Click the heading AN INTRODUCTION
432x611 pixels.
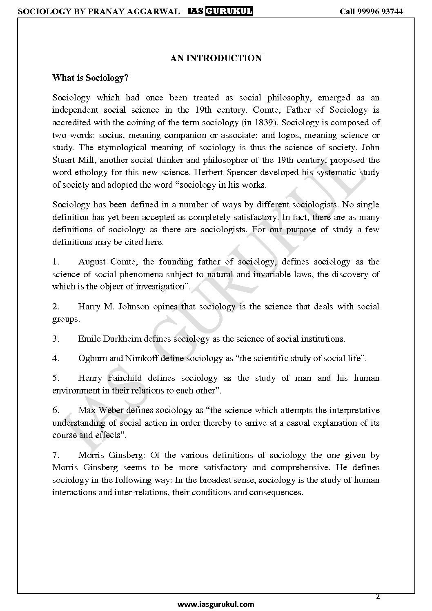pyautogui.click(x=216, y=58)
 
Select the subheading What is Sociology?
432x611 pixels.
pyautogui.click(x=90, y=78)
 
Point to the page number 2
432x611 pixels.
pyautogui.click(x=378, y=596)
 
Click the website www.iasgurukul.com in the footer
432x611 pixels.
pyautogui.click(x=216, y=604)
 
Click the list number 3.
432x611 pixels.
pyautogui.click(x=56, y=338)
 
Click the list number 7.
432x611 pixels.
pyautogui.click(x=56, y=455)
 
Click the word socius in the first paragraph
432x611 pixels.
pyautogui.click(x=110, y=135)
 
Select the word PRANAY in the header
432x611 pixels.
pyautogui.click(x=104, y=11)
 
